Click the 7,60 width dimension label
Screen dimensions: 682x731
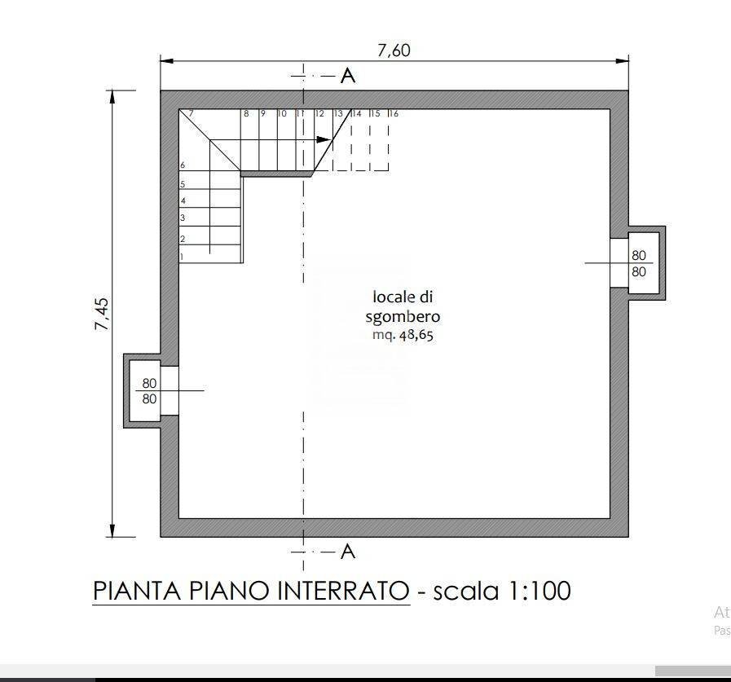point(394,51)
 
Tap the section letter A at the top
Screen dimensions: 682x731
point(348,76)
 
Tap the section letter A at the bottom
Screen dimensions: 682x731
point(348,552)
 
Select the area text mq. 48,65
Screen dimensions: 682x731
point(403,334)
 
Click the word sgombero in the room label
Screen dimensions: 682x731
point(403,316)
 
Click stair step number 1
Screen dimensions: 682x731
point(182,257)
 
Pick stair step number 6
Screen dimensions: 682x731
point(183,165)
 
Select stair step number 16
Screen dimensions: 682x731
point(393,114)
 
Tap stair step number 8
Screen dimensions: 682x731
point(245,114)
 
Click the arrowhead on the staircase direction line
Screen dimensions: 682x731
point(323,139)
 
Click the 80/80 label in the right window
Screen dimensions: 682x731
point(638,263)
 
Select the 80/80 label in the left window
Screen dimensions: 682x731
point(149,391)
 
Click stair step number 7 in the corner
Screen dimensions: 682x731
point(190,114)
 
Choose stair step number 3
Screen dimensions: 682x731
point(183,218)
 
